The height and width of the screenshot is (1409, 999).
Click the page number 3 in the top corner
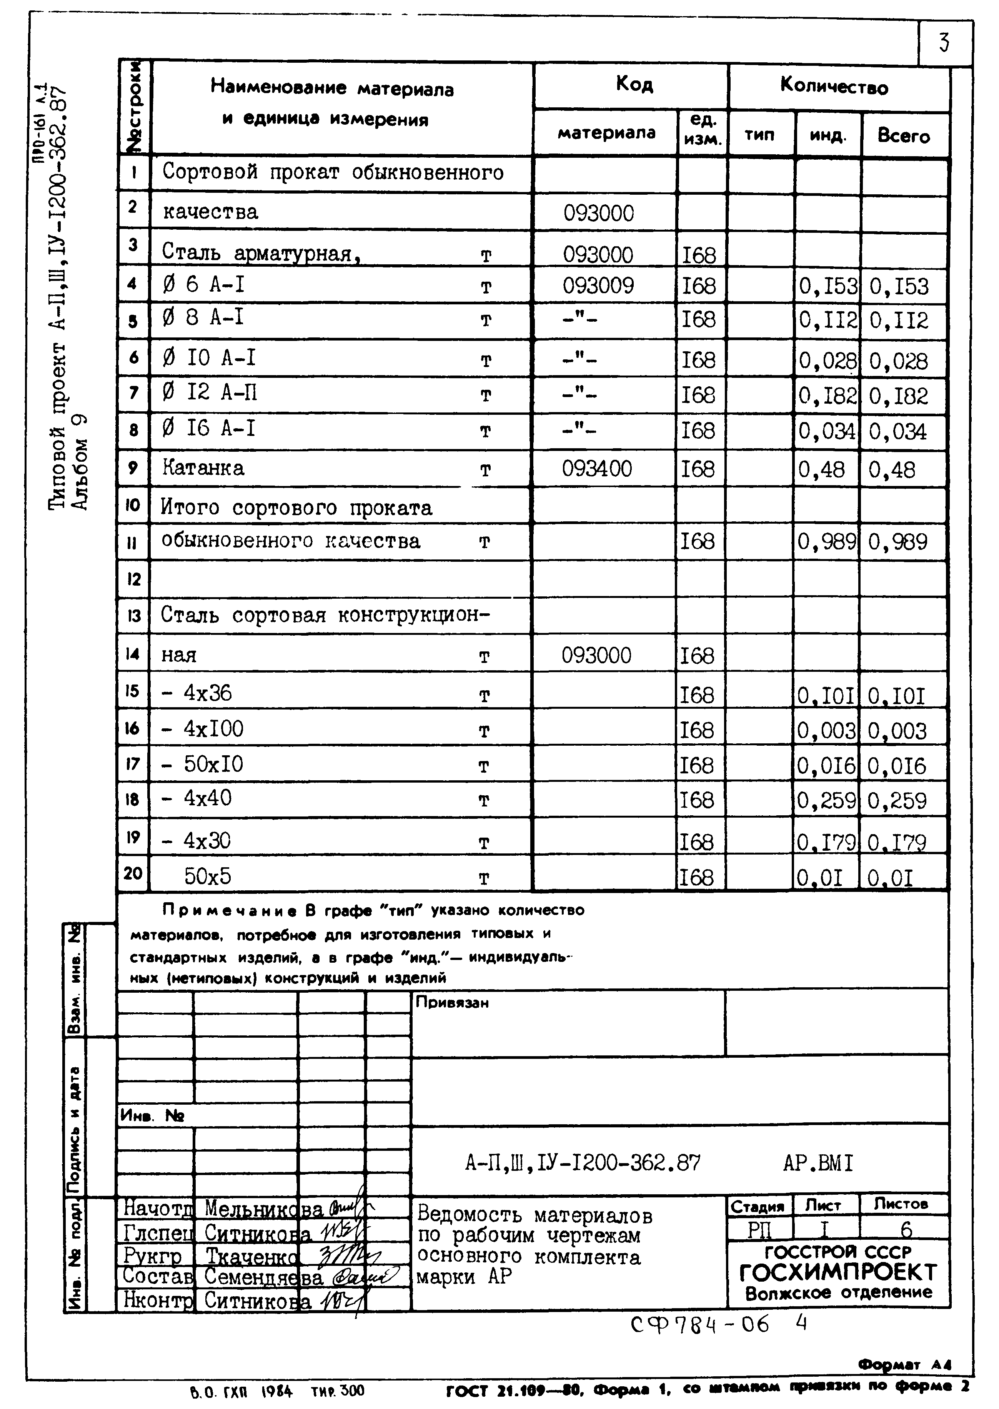coord(944,43)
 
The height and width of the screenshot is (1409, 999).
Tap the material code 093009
coord(598,285)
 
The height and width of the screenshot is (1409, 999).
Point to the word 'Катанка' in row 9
coord(203,468)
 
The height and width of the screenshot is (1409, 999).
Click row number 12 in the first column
coord(133,579)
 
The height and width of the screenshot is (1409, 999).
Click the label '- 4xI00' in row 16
coord(202,730)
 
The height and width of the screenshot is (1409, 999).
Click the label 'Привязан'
coord(452,1003)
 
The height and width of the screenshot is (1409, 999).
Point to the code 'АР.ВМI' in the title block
coord(818,1163)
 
